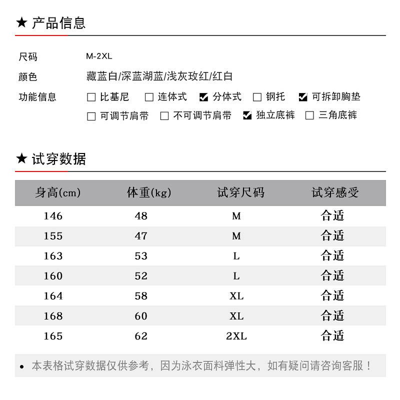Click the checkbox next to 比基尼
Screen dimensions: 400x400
point(91,97)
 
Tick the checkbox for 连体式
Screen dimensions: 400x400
point(149,97)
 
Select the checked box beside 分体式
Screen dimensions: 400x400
point(203,97)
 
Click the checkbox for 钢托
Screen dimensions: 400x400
point(257,97)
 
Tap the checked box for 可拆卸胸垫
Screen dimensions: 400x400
point(303,97)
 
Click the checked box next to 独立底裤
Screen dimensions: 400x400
point(247,116)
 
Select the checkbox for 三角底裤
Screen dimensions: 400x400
point(309,116)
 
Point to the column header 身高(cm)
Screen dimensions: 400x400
point(58,193)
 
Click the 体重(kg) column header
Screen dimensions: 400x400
point(149,193)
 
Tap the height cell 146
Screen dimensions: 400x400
point(53,216)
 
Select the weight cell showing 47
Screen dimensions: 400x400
point(141,236)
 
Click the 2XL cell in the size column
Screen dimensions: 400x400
point(236,336)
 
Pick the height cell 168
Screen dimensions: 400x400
point(53,316)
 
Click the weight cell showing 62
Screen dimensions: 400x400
point(141,336)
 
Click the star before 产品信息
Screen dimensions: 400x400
point(21,23)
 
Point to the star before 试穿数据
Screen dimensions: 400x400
point(21,159)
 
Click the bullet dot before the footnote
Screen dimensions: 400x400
point(22,367)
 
